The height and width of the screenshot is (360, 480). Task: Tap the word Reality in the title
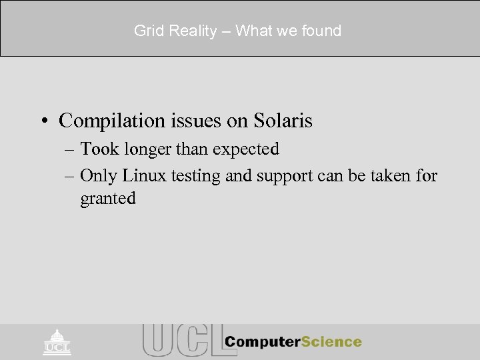(189, 31)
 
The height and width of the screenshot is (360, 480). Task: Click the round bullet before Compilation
(45, 121)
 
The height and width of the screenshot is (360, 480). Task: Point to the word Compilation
(107, 121)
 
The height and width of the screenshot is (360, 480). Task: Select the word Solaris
(283, 121)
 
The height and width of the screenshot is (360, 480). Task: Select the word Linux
(139, 175)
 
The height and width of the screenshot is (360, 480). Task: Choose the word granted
(108, 199)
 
